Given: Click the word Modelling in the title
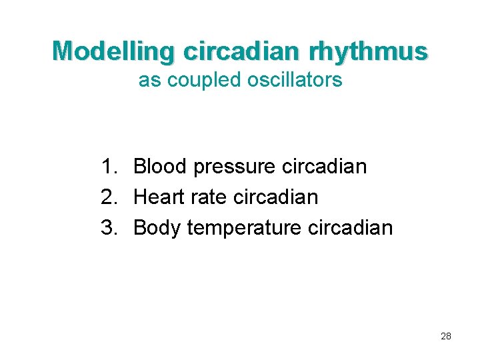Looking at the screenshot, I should pos(113,51).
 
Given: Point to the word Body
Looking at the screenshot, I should pos(158,228).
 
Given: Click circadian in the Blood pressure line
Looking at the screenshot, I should pos(325,166).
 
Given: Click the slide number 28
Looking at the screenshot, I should pos(446,336).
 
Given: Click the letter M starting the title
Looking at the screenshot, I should pos(62,51).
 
